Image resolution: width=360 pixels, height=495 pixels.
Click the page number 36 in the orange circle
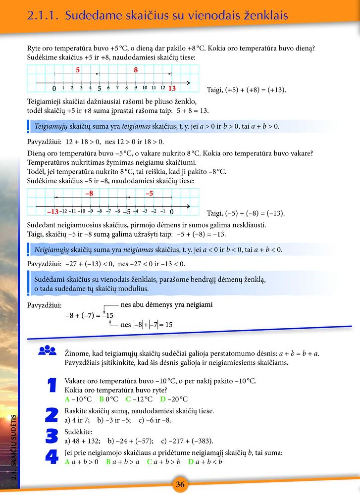pyautogui.click(x=180, y=484)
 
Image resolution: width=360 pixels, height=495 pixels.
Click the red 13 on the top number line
pyautogui.click(x=172, y=88)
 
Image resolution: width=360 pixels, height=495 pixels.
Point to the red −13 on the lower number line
pyautogui.click(x=53, y=212)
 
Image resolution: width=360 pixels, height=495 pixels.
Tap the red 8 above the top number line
pyautogui.click(x=136, y=70)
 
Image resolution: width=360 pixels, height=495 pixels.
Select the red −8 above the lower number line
pyautogui.click(x=89, y=193)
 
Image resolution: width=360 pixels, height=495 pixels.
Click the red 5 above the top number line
pyautogui.click(x=78, y=70)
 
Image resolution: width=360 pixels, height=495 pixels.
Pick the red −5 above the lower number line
pyautogui.click(x=149, y=193)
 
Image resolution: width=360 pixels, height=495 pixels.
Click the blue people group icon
pyautogui.click(x=47, y=350)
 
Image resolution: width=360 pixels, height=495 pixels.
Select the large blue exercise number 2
pyautogui.click(x=52, y=415)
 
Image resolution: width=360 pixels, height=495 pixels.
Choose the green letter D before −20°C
pyautogui.click(x=163, y=399)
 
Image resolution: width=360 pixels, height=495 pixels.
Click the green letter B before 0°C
pyautogui.click(x=102, y=399)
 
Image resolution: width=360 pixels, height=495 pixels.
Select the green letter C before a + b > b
pyautogui.click(x=149, y=462)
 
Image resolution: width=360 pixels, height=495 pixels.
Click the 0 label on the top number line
pyautogui.click(x=54, y=89)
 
